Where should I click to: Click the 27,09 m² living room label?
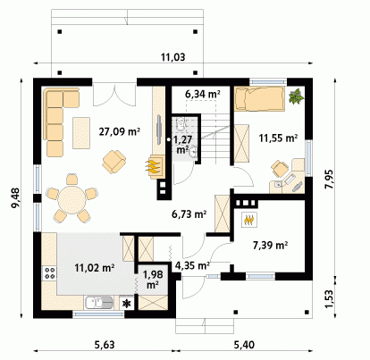(x=120, y=131)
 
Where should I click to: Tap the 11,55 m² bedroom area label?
(x=278, y=138)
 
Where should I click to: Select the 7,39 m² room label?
(x=270, y=245)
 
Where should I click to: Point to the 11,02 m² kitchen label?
(x=95, y=268)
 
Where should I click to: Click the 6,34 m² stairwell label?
(x=203, y=94)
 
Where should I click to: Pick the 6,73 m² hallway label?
(x=189, y=213)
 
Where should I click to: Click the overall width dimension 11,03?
(x=173, y=57)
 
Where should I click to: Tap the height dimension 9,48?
(x=15, y=198)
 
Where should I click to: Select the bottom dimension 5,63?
(x=105, y=345)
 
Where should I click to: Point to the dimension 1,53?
(x=329, y=299)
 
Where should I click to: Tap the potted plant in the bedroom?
(x=297, y=96)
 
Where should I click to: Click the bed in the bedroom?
(x=259, y=99)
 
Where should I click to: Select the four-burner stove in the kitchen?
(x=50, y=273)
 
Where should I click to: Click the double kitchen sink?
(x=99, y=303)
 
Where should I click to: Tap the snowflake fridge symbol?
(x=127, y=304)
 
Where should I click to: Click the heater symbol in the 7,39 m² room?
(x=248, y=220)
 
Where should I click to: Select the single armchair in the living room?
(x=114, y=162)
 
